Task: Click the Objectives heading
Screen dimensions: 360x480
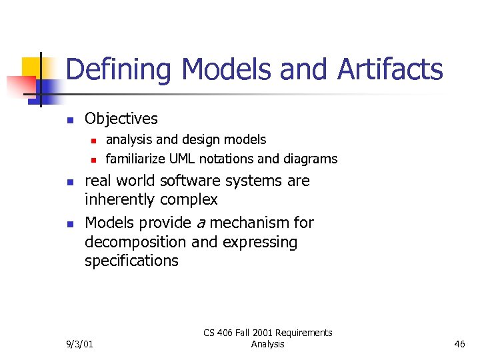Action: pos(121,119)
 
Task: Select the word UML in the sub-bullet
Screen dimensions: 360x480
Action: pos(183,159)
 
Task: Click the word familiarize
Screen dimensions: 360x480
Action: pos(136,159)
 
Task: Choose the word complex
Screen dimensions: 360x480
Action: pos(191,199)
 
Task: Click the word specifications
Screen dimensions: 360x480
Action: pos(131,261)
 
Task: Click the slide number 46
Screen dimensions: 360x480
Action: pos(459,344)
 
